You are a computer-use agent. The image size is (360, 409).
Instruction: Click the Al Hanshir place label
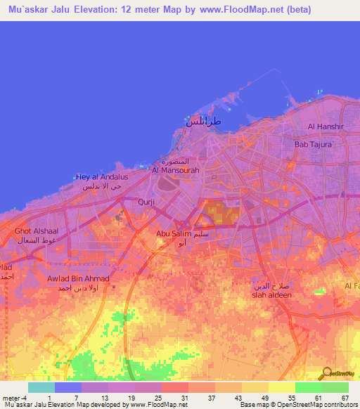pyautogui.click(x=325, y=126)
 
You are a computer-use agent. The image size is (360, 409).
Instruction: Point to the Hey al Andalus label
pyautogui.click(x=102, y=176)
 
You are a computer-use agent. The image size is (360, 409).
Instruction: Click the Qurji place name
pyautogui.click(x=146, y=202)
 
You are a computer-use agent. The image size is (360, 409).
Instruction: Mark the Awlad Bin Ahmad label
pyautogui.click(x=78, y=278)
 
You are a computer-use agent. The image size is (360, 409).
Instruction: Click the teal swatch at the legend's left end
pyautogui.click(x=41, y=387)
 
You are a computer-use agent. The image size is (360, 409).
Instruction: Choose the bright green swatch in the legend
pyautogui.click(x=308, y=387)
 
